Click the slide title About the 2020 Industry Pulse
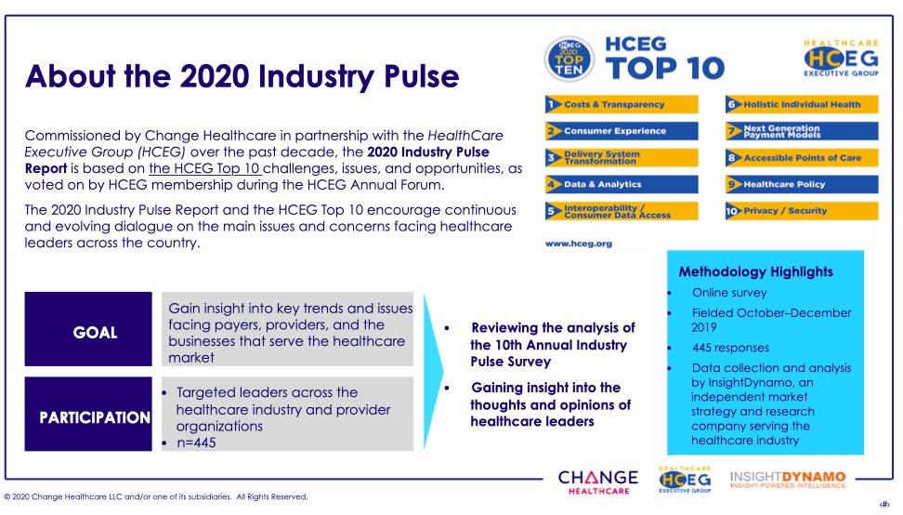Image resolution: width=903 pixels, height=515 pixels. [x=242, y=77]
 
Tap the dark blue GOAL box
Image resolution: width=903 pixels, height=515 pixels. [x=88, y=329]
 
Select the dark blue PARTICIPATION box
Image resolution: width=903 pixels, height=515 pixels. [x=88, y=414]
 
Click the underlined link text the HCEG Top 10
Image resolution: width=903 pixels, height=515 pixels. [x=205, y=169]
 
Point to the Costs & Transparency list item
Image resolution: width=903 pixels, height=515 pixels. [x=622, y=104]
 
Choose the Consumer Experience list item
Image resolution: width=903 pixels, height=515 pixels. [x=622, y=131]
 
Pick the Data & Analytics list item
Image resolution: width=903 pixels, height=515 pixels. [x=622, y=184]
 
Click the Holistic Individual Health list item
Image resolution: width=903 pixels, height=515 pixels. [x=802, y=104]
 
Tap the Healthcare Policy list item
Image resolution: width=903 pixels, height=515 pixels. [x=802, y=184]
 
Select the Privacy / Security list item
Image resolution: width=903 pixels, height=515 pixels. [x=802, y=211]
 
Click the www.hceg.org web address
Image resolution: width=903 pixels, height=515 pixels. [x=578, y=244]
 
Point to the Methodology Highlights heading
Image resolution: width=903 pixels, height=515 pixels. [x=755, y=271]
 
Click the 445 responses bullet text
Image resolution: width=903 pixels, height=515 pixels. [x=730, y=348]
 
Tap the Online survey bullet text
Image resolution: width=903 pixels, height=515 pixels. [x=729, y=293]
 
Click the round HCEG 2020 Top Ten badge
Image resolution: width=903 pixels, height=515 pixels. [x=569, y=59]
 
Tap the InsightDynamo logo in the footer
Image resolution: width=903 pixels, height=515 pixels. [x=788, y=480]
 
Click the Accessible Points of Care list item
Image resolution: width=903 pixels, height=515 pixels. [x=802, y=158]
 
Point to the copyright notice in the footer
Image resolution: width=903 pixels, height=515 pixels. [x=155, y=496]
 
